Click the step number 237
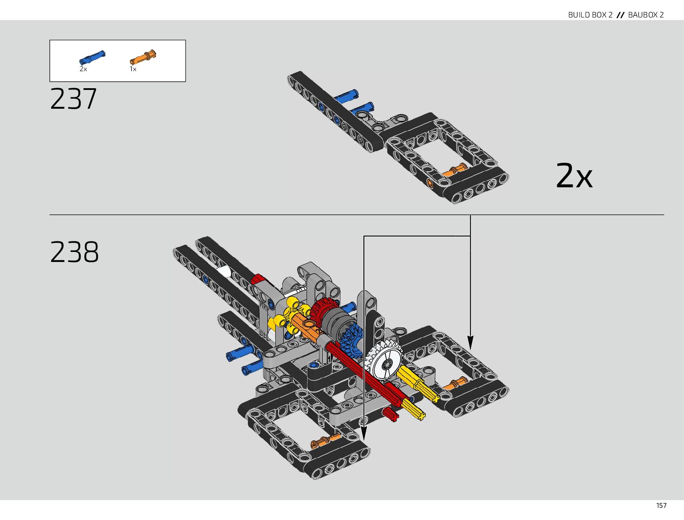coord(73,99)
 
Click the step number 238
coord(74,252)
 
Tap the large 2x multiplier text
coord(574,176)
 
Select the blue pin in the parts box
coord(92,57)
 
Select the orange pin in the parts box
coord(143,57)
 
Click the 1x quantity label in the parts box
coord(133,69)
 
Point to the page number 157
coord(661,505)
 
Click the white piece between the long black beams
coord(224,272)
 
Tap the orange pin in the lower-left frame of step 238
coord(326,441)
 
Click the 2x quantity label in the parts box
coord(83,69)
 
